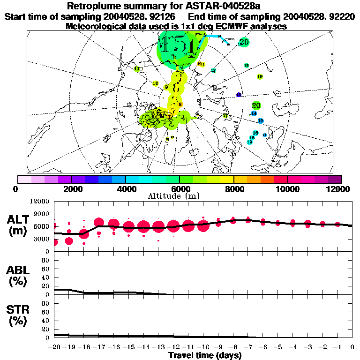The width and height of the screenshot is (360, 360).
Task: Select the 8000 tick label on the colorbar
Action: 233,189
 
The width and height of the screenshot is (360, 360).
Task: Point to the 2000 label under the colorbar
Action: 71,189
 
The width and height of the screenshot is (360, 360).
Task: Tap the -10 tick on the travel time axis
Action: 202,347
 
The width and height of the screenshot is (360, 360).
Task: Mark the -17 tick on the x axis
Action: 98,347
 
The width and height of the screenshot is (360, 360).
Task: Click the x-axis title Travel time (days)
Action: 205,356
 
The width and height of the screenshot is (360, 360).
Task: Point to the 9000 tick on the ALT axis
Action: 42,214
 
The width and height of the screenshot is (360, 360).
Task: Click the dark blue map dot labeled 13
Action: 239,95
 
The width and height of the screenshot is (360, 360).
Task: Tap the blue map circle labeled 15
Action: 261,121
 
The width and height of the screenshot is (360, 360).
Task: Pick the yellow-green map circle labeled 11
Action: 136,69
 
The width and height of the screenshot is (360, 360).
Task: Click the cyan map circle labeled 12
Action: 213,71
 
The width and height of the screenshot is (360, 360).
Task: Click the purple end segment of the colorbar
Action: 335,179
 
